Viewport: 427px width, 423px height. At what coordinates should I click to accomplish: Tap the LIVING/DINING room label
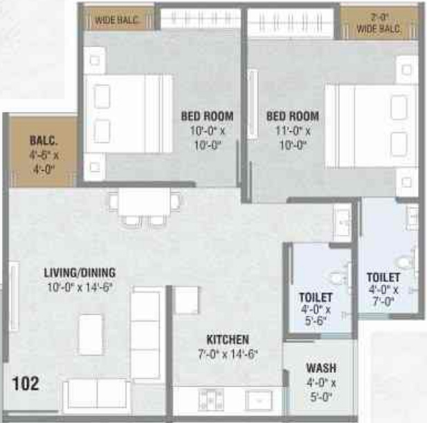80,272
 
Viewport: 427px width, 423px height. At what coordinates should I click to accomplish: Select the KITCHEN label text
228,339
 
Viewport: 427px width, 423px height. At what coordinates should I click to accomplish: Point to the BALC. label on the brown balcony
44,140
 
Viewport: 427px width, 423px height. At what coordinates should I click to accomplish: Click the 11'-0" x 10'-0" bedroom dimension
293,138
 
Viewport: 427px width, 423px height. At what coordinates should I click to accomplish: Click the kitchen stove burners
210,399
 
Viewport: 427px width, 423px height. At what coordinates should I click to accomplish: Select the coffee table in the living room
90,335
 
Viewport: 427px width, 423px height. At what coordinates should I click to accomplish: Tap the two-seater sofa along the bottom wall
96,395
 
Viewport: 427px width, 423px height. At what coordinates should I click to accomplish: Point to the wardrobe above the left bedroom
199,18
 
